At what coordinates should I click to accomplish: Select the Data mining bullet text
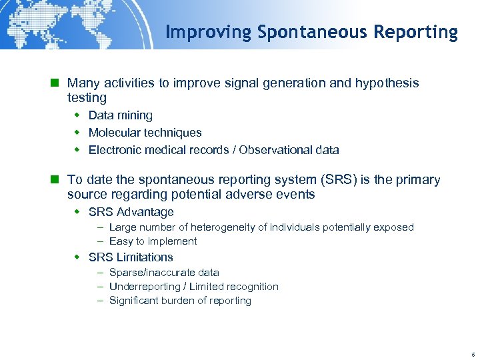120,115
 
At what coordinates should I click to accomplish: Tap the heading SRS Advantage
131,212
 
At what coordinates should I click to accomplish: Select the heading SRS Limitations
131,257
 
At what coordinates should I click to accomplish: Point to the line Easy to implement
153,241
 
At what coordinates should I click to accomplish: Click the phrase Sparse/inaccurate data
164,273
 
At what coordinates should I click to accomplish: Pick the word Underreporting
144,287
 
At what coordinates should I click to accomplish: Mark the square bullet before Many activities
57,83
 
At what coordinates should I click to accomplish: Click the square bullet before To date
57,180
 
